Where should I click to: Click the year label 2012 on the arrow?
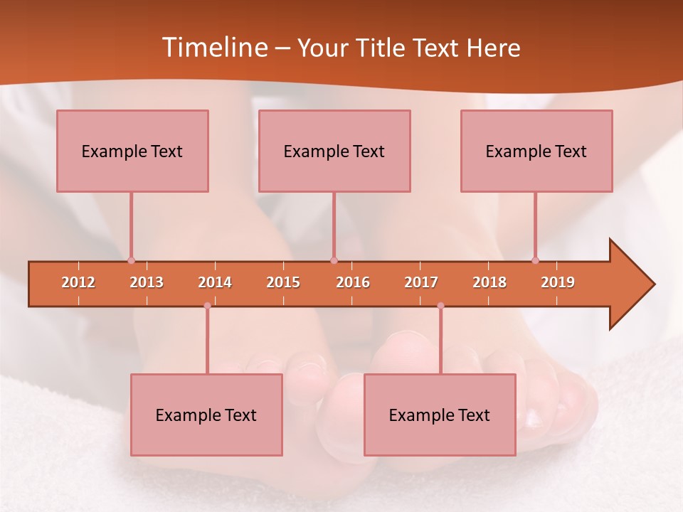point(78,282)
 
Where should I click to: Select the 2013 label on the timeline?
point(147,282)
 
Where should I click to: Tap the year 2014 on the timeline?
point(215,282)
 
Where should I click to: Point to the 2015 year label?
point(283,282)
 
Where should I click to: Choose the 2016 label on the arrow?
point(353,282)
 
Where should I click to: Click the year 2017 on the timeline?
point(421,282)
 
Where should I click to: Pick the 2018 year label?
point(489,282)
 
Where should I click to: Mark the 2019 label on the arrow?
point(558,282)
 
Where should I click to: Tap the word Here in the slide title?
point(493,48)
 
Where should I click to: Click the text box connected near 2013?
point(132,151)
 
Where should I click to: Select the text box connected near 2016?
point(334,151)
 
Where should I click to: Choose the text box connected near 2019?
point(536,151)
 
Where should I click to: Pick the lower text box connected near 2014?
point(206,415)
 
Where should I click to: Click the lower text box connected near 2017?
point(440,415)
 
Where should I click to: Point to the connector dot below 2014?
point(207,306)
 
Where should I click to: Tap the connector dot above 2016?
point(334,260)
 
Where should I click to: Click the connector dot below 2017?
point(440,306)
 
